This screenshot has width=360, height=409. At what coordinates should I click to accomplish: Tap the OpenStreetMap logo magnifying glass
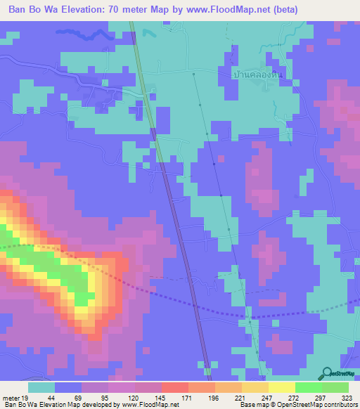(x=326, y=374)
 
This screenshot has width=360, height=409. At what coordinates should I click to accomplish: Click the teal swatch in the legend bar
(x=41, y=387)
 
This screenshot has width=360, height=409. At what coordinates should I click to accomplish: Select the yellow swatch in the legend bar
(x=281, y=387)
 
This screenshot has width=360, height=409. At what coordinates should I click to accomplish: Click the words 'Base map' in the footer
(x=252, y=404)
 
